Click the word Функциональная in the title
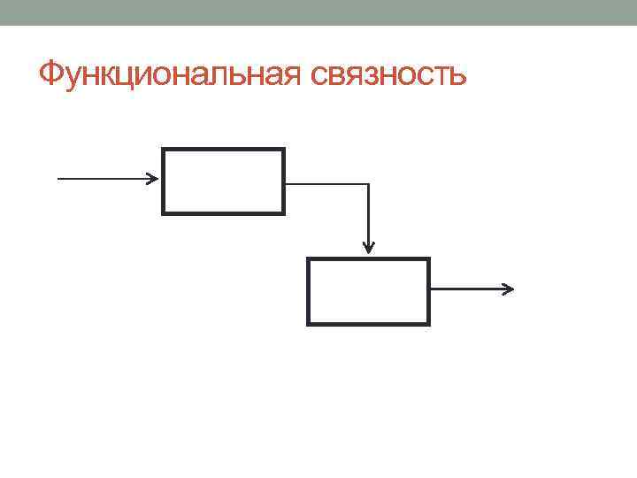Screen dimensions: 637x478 [x=171, y=73]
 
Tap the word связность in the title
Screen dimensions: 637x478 [x=388, y=74]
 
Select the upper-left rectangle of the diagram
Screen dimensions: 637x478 [x=223, y=181]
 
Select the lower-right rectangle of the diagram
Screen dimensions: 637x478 [x=368, y=291]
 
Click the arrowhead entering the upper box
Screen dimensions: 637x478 [x=153, y=178]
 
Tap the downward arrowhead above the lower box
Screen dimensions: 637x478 [x=368, y=247]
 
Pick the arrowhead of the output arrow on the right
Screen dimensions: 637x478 [x=509, y=289]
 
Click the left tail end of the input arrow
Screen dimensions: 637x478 [x=59, y=178]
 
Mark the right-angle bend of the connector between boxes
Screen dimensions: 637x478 [x=368, y=184]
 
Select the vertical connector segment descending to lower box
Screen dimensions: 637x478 [x=368, y=212]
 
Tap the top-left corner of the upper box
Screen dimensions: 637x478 [x=163, y=150]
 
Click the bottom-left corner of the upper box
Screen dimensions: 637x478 [x=163, y=213]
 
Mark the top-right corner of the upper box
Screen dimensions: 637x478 [x=283, y=150]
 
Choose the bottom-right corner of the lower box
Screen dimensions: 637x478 [x=428, y=324]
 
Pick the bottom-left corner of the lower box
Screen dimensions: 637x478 [x=308, y=324]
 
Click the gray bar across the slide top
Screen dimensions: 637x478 [x=318, y=12]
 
